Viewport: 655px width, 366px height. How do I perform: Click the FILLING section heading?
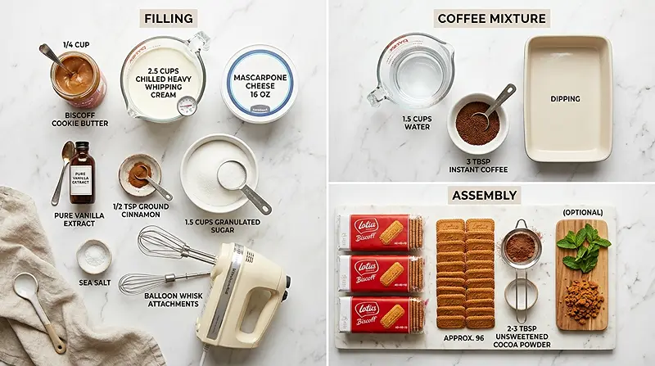click(168, 18)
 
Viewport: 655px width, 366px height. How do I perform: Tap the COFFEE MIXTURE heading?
click(491, 18)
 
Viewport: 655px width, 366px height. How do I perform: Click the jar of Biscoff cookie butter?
click(77, 77)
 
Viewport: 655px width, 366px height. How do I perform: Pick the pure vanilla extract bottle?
click(81, 174)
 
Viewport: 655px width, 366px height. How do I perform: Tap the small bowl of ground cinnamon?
click(139, 172)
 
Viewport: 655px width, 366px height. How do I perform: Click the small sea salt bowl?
click(94, 256)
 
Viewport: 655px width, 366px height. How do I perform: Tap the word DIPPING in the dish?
click(565, 99)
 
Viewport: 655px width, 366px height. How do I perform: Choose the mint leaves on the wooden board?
click(584, 247)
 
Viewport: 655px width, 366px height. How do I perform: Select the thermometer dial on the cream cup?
click(187, 106)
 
